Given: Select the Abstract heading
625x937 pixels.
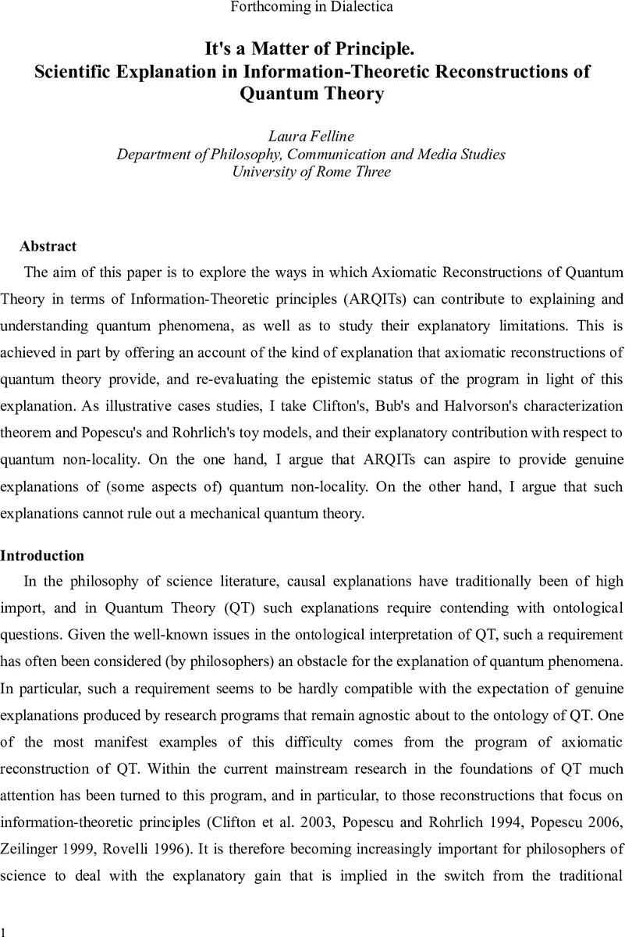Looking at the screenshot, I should tap(48, 247).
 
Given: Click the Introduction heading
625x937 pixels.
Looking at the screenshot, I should tap(42, 556).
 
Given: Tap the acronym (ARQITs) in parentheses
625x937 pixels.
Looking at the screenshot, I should tap(370, 298).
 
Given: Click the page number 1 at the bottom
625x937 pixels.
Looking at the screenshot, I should tap(5, 931).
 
